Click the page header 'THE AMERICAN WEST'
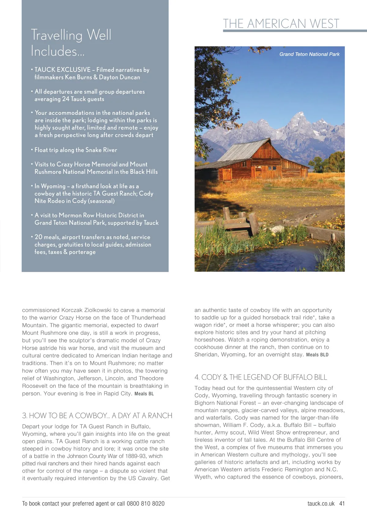point(281,24)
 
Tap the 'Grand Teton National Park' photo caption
point(309,54)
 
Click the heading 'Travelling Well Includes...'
point(71,43)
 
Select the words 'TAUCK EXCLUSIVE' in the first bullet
point(62,70)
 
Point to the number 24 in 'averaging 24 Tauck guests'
point(65,99)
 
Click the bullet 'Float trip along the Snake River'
point(76,150)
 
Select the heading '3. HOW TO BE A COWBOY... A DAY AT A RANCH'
point(97,416)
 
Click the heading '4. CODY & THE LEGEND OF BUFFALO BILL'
point(261,377)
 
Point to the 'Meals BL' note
point(144,394)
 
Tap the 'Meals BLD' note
point(317,355)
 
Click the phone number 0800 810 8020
point(146,503)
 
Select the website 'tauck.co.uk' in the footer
point(321,503)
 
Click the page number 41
point(342,503)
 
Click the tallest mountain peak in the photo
point(301,114)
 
